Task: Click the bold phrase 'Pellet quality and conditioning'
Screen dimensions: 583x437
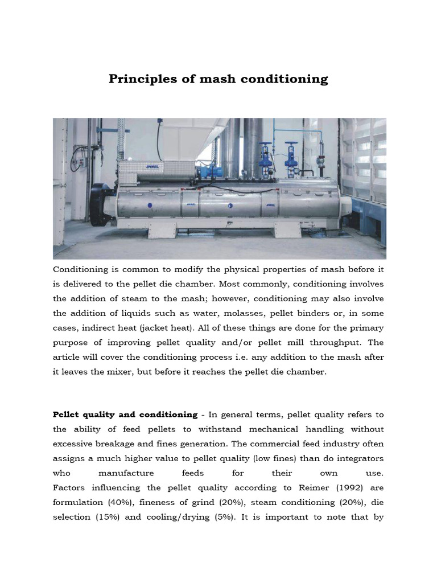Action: (125, 414)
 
